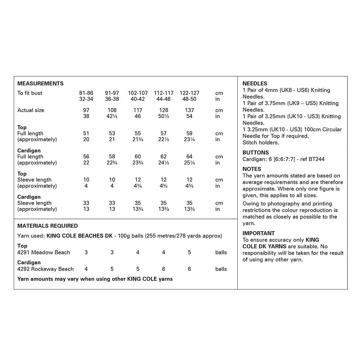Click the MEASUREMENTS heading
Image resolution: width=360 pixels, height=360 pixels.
tap(40, 84)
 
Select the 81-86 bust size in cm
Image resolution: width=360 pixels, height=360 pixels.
tap(86, 93)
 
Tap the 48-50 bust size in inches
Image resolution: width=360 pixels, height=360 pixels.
tap(189, 99)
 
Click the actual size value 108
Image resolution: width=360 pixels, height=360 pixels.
tap(112, 110)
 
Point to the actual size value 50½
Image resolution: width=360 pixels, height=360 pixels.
tap(163, 116)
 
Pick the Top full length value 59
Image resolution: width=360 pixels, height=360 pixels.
tap(189, 133)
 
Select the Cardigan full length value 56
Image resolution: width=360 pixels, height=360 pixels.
tap(86, 157)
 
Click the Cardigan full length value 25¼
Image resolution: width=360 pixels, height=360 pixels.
tap(189, 163)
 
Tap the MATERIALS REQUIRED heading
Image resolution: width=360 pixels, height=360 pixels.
tap(48, 226)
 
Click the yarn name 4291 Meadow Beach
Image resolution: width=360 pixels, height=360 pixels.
tap(44, 252)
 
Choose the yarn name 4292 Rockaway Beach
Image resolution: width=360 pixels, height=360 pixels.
tap(45, 269)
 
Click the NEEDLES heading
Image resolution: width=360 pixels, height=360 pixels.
tap(255, 84)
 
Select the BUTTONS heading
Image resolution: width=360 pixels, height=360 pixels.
tap(256, 153)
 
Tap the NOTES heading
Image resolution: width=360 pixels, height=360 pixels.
tap(252, 169)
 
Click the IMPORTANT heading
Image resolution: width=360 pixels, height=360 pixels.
tap(258, 233)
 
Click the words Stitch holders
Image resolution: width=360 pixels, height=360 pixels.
tap(261, 143)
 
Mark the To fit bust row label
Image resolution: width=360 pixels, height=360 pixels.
tap(30, 93)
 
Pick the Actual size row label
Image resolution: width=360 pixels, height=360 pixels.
tap(31, 110)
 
